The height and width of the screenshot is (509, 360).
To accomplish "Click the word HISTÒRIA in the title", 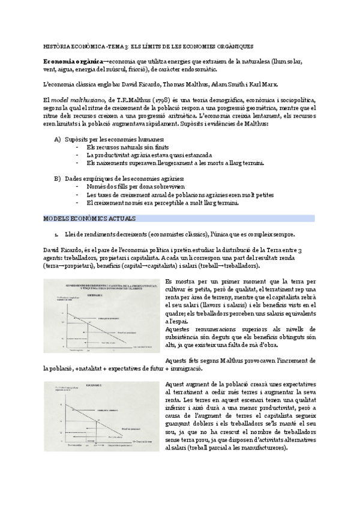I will [x=56, y=46].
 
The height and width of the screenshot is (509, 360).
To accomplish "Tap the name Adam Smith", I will [x=225, y=84].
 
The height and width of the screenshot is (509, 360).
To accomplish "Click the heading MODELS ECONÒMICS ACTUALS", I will [x=90, y=218].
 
